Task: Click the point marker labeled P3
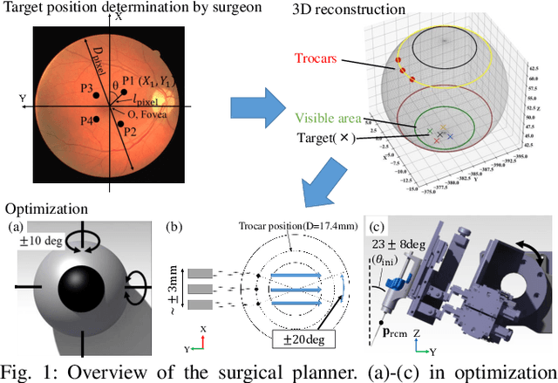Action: click(97, 92)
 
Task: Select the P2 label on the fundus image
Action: click(130, 132)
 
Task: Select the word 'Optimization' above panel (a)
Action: click(46, 209)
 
